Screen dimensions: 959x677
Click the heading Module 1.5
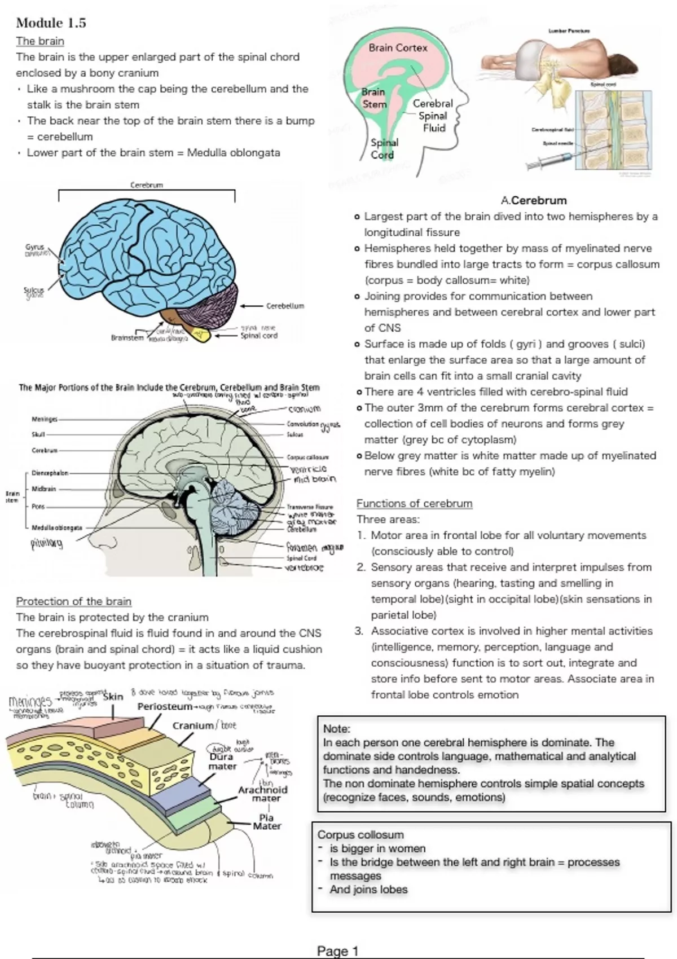(x=51, y=23)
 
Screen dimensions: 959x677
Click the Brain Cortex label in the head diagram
(x=398, y=48)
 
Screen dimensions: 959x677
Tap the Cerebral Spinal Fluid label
(x=433, y=116)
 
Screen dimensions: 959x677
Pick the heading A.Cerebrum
(x=533, y=200)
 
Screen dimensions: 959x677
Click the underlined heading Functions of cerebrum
(x=414, y=503)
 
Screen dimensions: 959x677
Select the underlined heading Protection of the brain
(x=73, y=601)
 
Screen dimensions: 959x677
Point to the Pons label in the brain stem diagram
(x=38, y=507)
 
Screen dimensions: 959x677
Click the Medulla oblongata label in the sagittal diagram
(x=56, y=527)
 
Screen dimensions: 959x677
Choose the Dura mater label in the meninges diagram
(x=222, y=762)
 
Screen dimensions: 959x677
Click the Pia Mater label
(x=266, y=822)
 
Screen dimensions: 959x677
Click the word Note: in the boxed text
(x=337, y=729)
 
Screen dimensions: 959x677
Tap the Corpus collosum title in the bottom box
(x=361, y=834)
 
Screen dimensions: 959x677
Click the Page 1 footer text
(x=337, y=951)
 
